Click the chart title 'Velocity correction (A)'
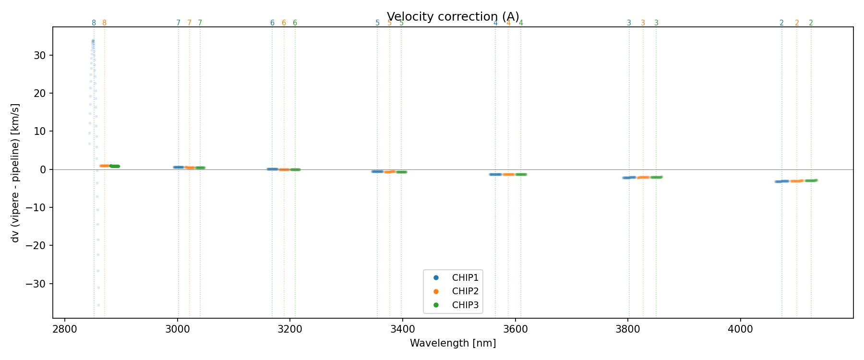click(453, 17)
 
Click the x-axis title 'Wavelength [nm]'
click(453, 343)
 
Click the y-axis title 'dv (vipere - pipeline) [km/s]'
click(15, 173)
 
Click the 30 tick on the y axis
click(40, 56)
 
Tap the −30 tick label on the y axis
click(36, 284)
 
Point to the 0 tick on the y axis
click(43, 169)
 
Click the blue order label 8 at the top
click(94, 23)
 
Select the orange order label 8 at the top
click(104, 23)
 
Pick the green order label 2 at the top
click(811, 23)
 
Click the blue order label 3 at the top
click(629, 23)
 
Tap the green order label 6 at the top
click(295, 23)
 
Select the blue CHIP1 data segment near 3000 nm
click(179, 167)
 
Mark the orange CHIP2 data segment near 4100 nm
click(796, 181)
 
